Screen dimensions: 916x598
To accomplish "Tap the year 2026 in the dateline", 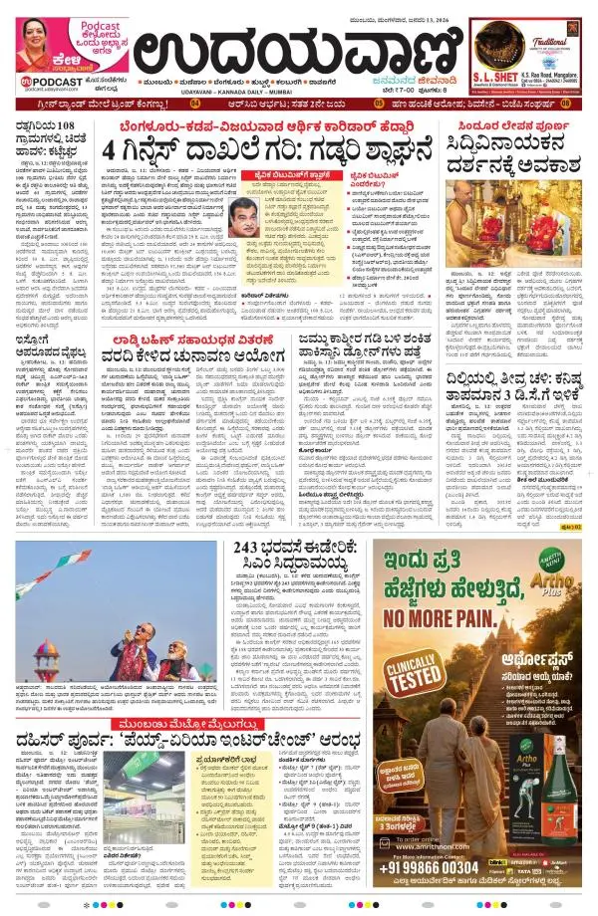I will click(428, 12).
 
